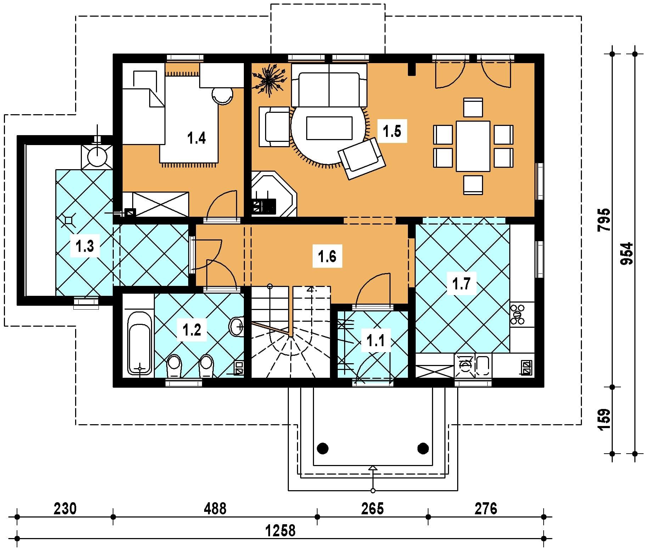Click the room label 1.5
(392, 131)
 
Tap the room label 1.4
(197, 138)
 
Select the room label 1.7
(461, 283)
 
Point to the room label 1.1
(375, 341)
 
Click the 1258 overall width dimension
(280, 531)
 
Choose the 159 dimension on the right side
(605, 420)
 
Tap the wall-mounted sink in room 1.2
(237, 325)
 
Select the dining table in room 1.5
(473, 146)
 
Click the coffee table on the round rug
(329, 128)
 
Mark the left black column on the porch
(322, 448)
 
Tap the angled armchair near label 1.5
(362, 159)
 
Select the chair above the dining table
(473, 107)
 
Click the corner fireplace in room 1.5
(274, 194)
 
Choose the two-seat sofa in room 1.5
(329, 85)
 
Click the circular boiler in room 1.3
(97, 157)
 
